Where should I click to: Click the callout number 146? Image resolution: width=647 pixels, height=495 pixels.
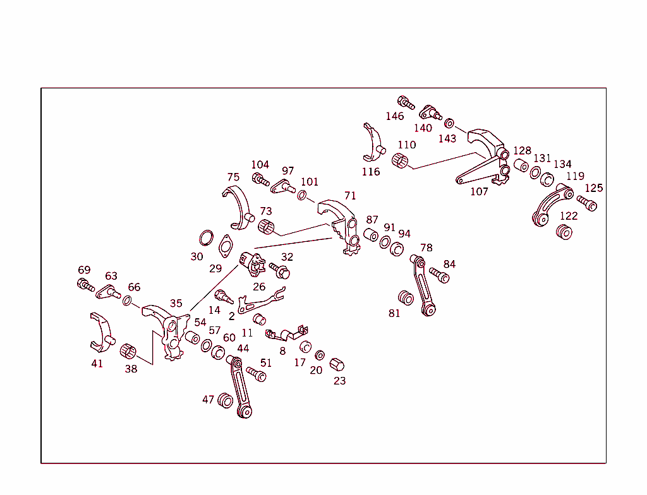click(x=394, y=116)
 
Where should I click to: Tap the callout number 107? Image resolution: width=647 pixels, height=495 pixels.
click(x=479, y=191)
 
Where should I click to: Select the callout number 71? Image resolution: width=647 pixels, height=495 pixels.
click(x=350, y=196)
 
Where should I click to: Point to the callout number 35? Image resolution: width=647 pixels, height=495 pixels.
click(x=176, y=303)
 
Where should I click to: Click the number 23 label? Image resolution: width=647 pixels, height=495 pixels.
click(x=339, y=381)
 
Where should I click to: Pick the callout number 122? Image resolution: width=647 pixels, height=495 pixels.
click(x=569, y=216)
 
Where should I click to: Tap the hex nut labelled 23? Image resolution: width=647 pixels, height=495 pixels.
click(x=337, y=365)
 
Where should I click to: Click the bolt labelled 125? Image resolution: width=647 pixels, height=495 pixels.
click(x=587, y=203)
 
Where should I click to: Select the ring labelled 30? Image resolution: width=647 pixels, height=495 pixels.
click(x=207, y=238)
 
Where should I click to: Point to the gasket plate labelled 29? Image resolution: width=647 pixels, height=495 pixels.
click(x=226, y=246)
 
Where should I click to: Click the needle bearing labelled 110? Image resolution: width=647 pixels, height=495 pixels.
click(x=400, y=160)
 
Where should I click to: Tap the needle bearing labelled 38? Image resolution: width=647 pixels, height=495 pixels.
click(x=128, y=351)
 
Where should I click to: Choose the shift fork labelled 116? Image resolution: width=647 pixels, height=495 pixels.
click(x=373, y=143)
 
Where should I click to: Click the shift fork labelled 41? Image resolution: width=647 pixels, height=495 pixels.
click(x=102, y=333)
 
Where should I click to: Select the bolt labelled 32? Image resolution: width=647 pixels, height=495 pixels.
click(x=280, y=271)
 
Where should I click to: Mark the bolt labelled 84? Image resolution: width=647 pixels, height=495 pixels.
click(x=439, y=275)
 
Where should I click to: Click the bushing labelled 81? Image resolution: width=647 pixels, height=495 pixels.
click(x=406, y=298)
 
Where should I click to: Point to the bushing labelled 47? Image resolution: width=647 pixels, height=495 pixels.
click(x=226, y=400)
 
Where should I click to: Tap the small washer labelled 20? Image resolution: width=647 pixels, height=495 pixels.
click(x=319, y=355)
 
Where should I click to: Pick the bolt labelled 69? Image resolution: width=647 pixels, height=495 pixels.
click(x=86, y=285)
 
